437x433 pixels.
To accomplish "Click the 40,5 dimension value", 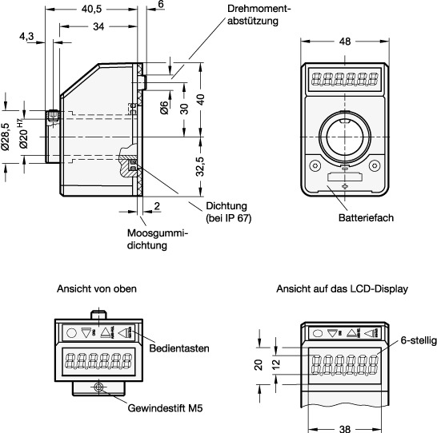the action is tap(92, 9).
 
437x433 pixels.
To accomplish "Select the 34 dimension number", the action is tap(98, 26).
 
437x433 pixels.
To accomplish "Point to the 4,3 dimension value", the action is tap(26, 37).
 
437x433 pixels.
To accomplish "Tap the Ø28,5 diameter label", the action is tap(6, 137).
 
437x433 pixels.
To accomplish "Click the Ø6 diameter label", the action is tap(164, 108).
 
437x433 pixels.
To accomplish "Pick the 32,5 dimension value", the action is tap(200, 167).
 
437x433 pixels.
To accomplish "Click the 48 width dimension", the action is tap(345, 42).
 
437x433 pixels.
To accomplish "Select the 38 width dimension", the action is tap(345, 428).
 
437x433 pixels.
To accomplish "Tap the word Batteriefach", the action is tap(366, 217).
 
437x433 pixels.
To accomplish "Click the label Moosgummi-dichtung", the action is tap(158, 239).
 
